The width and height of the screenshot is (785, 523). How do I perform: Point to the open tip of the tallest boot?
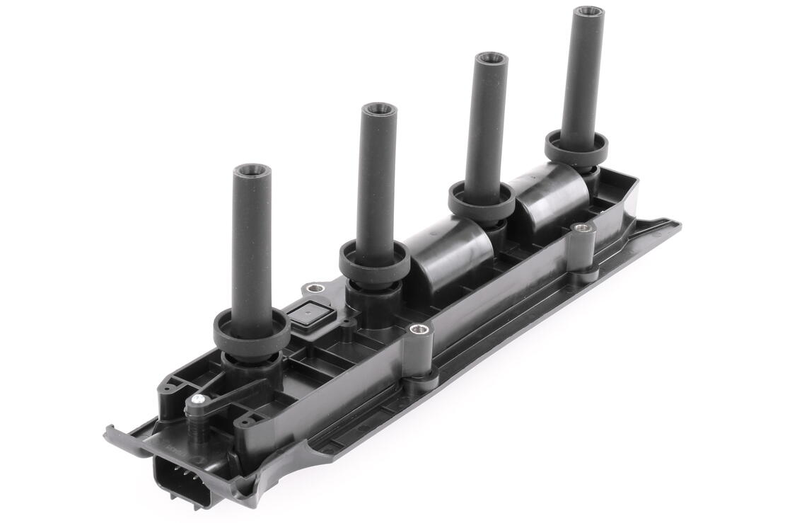588,13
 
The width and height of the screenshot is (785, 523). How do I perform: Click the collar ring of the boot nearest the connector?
251,333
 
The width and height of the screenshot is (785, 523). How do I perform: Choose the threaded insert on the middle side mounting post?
419,329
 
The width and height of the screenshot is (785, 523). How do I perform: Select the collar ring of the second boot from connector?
374,260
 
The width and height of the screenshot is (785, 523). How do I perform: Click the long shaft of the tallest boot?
583,78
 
